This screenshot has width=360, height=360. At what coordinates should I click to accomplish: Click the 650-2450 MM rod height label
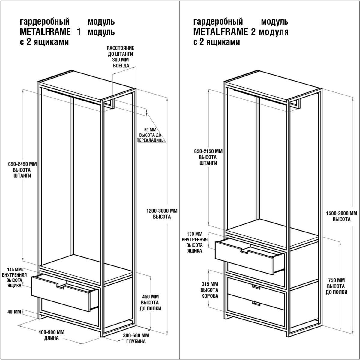coord(22,170)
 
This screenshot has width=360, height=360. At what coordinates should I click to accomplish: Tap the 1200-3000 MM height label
coord(162,214)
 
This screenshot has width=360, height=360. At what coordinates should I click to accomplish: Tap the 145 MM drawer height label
coord(15,278)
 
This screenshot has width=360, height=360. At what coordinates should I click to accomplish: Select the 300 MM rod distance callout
coord(121,57)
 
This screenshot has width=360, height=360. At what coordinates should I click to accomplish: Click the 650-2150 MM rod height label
coord(208,157)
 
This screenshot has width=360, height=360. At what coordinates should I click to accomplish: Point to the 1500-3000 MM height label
coord(342,216)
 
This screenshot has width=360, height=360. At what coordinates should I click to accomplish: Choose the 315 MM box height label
coord(210,290)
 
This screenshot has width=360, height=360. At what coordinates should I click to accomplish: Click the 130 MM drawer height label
coord(195,242)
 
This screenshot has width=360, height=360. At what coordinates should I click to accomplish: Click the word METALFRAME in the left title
coord(45,31)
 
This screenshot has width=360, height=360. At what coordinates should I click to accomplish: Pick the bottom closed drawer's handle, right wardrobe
coord(256,303)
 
